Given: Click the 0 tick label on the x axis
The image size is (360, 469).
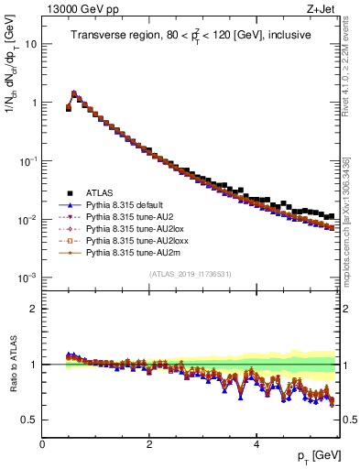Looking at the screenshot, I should point(43,444).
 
